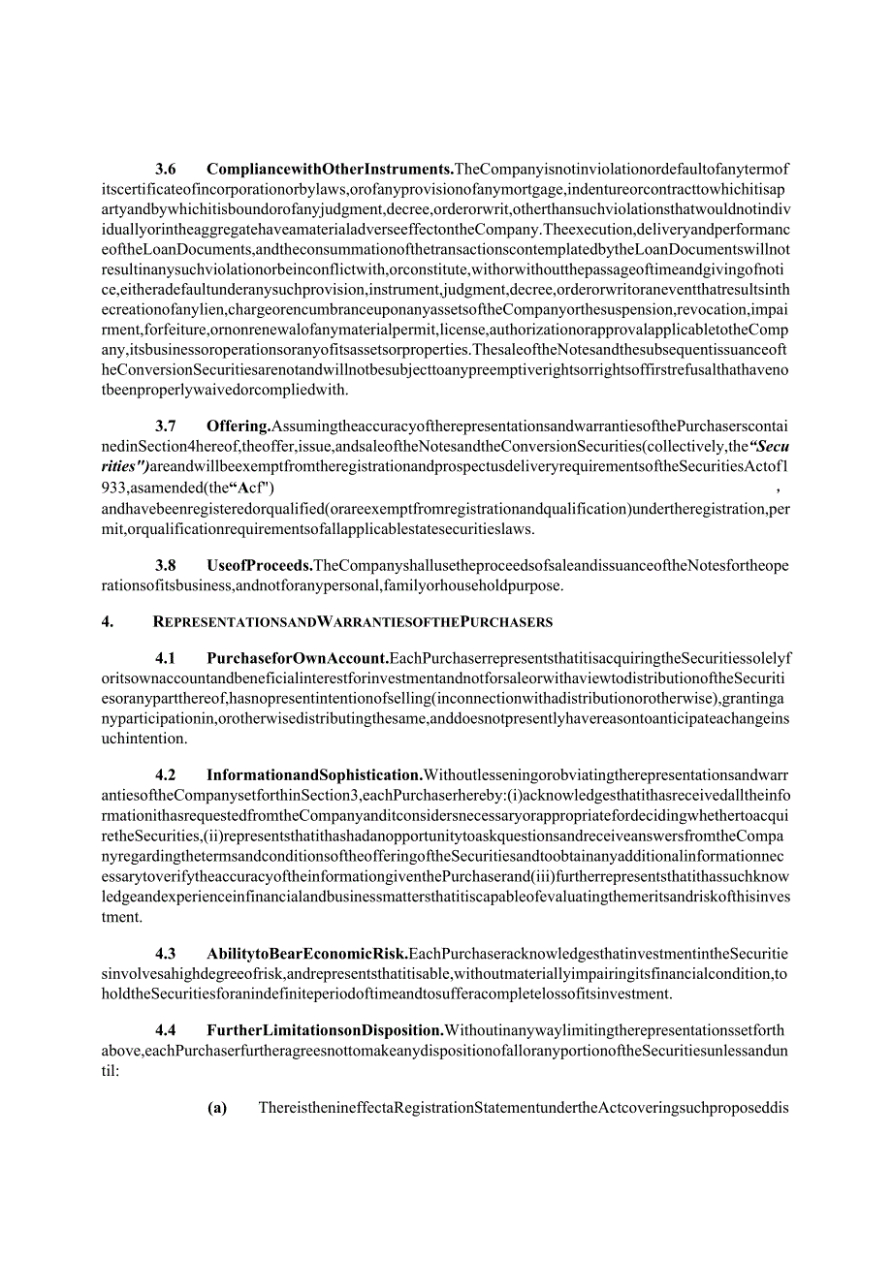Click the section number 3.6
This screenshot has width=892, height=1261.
point(166,168)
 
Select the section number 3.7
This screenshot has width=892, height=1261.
point(166,426)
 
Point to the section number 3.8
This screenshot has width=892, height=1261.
point(166,565)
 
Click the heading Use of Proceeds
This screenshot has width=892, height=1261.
point(259,565)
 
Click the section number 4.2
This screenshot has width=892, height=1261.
point(166,774)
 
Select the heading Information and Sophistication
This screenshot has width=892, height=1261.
point(314,774)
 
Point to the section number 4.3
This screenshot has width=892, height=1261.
point(166,953)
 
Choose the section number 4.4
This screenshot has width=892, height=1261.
point(166,1030)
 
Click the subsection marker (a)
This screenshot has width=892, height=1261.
point(217,1109)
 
